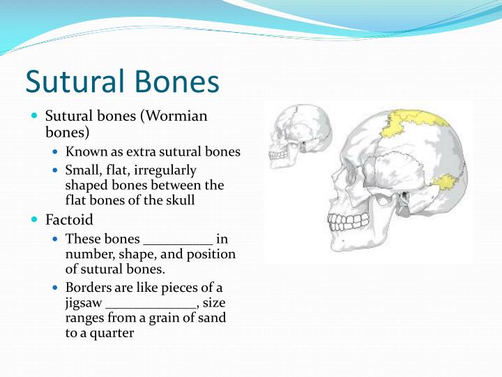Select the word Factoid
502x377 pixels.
(69, 220)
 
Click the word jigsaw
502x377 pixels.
(83, 303)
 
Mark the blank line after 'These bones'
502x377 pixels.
(177, 239)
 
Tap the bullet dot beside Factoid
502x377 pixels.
(36, 220)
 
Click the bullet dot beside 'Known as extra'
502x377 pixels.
(56, 151)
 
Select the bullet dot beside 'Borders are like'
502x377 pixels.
(56, 288)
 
